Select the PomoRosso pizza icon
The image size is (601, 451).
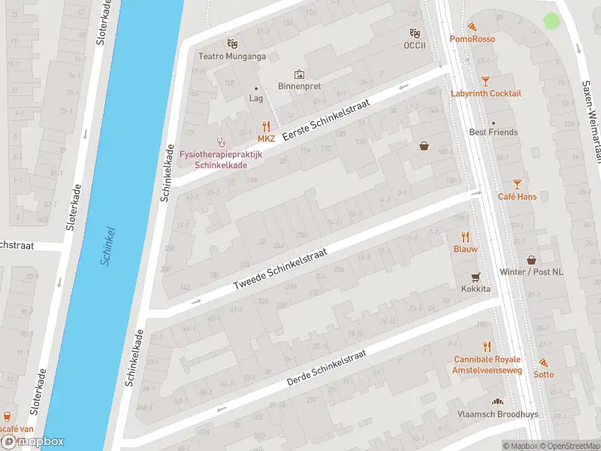point(473,26)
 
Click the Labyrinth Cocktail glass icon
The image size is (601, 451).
point(485,80)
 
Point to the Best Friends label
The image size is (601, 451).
point(494,132)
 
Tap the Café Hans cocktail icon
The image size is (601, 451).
point(517,183)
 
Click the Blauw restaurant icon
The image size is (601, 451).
point(465,236)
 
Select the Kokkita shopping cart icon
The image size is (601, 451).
point(475,277)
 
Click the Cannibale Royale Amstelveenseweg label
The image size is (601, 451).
point(487,364)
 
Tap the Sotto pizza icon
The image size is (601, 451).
point(543,362)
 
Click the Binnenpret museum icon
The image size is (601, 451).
point(300,74)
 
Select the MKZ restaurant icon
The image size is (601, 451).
point(266,126)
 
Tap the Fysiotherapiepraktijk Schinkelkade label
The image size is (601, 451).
point(218,159)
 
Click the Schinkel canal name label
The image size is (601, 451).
point(107,246)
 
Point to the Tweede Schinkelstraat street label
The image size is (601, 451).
point(280,268)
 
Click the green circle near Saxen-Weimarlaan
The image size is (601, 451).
point(552,21)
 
